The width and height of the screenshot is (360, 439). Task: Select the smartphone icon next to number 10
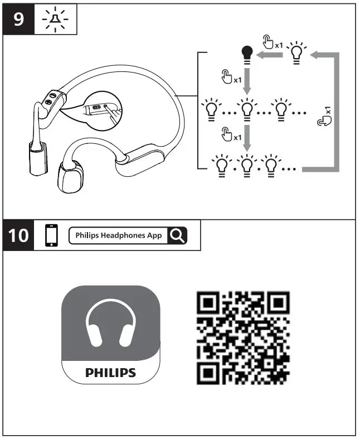(51, 235)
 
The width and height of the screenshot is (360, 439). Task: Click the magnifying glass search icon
(177, 235)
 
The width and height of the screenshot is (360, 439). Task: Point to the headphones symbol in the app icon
(110, 326)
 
